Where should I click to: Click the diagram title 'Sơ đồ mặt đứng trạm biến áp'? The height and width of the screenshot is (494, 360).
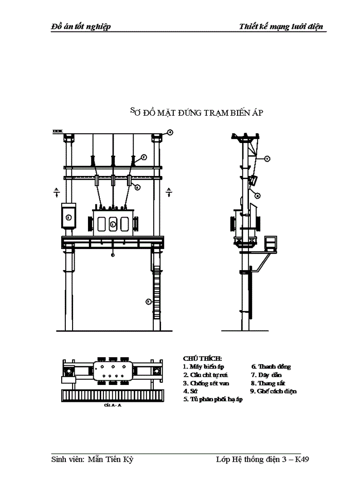click(x=196, y=112)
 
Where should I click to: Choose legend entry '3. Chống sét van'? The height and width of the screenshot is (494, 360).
click(x=206, y=383)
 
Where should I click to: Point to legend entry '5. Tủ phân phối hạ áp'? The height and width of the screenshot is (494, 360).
click(x=212, y=399)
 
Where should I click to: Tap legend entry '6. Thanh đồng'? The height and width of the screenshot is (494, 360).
click(x=271, y=366)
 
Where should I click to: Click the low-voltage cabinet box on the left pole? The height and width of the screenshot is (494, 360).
click(x=68, y=218)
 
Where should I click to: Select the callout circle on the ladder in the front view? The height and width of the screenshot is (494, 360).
click(x=148, y=301)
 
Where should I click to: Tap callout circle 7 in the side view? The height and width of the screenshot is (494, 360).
click(x=267, y=159)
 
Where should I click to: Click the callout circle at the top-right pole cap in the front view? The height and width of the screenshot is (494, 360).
click(x=169, y=133)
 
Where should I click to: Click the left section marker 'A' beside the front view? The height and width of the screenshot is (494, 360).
click(x=56, y=192)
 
